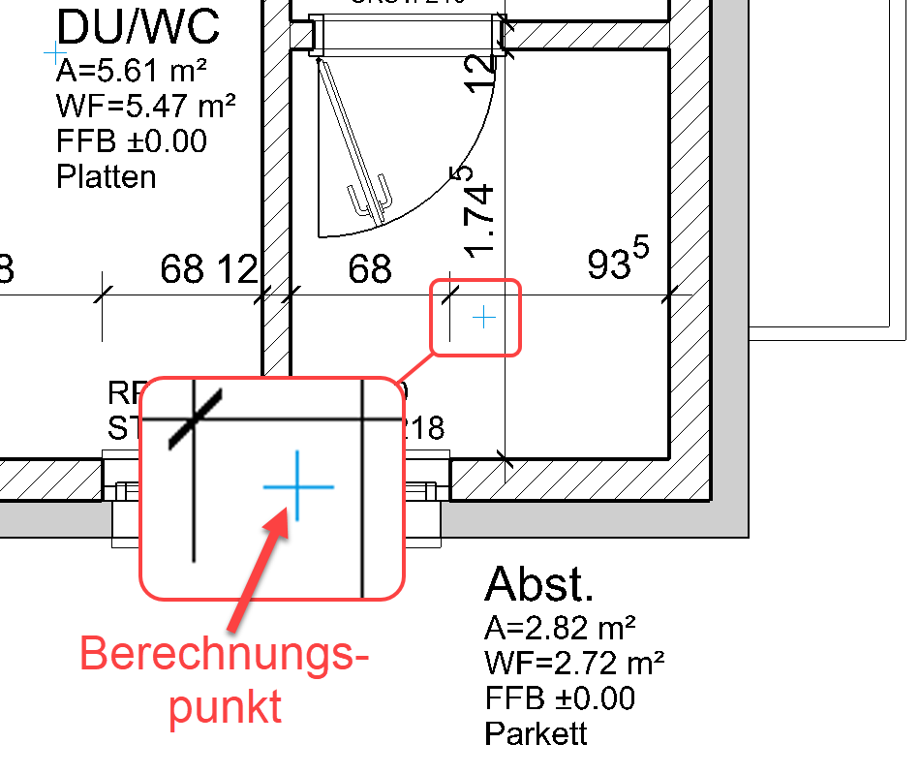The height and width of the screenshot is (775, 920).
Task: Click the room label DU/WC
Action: (x=138, y=27)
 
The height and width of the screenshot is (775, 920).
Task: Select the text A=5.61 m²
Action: (x=134, y=72)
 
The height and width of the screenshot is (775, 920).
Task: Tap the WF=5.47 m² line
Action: (x=146, y=107)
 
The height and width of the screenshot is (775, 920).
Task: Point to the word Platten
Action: (x=107, y=177)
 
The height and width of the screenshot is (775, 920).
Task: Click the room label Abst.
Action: (x=538, y=584)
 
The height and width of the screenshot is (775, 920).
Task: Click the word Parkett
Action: (x=536, y=733)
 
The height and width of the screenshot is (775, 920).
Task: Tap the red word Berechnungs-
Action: (x=224, y=655)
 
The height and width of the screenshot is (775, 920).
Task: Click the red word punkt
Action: (x=226, y=707)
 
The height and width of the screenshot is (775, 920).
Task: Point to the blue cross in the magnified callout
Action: (x=298, y=485)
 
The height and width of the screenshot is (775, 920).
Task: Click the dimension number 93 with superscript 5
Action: (x=617, y=261)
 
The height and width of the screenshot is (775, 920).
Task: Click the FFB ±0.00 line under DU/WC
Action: (x=132, y=141)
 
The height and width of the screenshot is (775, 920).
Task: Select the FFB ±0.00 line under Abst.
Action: (x=560, y=698)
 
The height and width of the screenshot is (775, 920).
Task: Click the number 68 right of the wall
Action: (x=370, y=268)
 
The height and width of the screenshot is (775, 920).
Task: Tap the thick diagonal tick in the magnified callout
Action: (x=197, y=418)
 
